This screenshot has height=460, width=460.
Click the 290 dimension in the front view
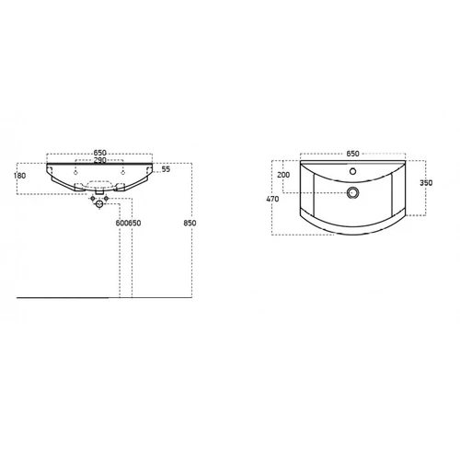pos(100,160)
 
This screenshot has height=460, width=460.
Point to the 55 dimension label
pos(166,169)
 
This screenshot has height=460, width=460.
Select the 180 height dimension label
pos(20,176)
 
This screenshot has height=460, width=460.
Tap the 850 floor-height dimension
pos(190,223)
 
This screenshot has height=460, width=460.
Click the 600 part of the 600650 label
pos(121,223)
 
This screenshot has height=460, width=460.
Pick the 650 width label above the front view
pos(100,153)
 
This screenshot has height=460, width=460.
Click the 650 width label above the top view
pos(352,154)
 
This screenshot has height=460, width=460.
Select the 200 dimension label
pos(283,175)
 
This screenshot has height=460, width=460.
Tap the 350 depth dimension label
pos(426,183)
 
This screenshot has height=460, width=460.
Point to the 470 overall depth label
pos(272,199)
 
